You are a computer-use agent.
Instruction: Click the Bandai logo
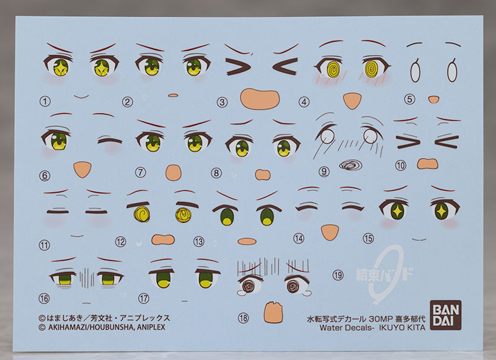[445, 315]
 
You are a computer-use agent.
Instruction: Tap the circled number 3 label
[222, 102]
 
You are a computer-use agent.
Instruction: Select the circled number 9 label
[324, 172]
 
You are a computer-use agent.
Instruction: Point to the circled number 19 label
[338, 275]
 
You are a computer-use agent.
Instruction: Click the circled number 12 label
[120, 242]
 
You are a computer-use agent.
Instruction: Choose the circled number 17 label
[144, 298]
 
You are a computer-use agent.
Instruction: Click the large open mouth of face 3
[260, 99]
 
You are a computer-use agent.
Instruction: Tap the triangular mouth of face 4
[352, 101]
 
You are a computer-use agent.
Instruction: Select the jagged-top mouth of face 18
[273, 312]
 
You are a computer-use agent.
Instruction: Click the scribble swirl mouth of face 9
[350, 165]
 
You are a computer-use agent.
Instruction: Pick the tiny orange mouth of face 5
[433, 100]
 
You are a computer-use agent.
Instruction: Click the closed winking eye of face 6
[110, 140]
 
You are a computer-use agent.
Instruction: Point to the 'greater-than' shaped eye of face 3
[238, 67]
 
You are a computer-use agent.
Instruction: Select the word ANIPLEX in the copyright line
[151, 327]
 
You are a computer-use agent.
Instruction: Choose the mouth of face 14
[330, 232]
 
